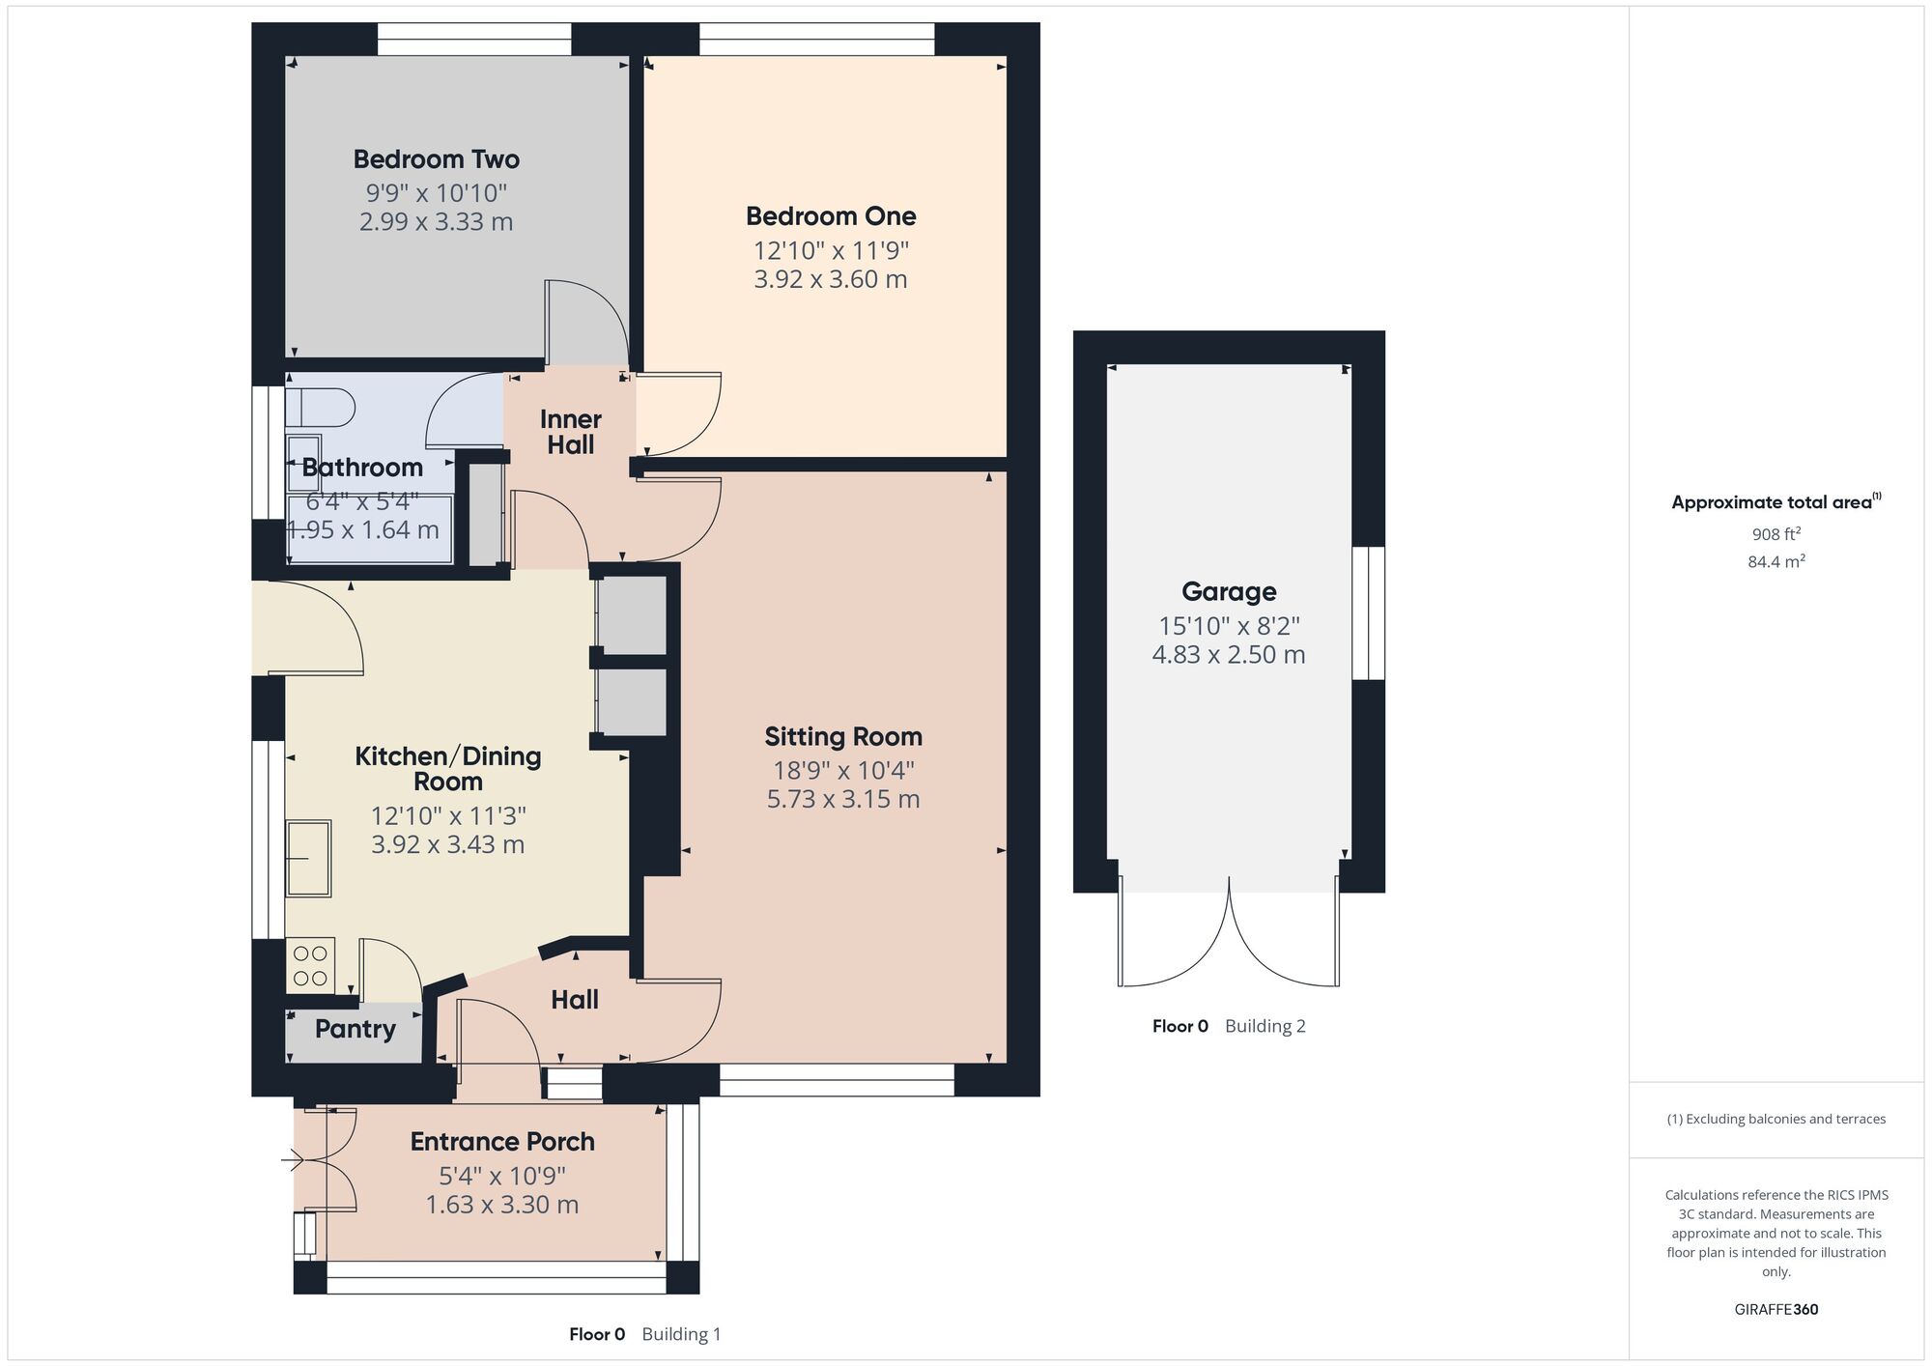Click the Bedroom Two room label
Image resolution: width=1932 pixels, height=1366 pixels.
coord(436,159)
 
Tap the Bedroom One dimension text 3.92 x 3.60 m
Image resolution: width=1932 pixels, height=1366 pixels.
coord(830,280)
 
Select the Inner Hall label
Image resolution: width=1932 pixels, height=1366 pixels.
coord(570,432)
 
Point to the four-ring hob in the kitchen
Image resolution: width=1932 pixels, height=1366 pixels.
coord(310,965)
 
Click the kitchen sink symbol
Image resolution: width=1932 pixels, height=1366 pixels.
coord(308,858)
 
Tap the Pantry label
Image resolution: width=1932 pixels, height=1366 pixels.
coord(355,1029)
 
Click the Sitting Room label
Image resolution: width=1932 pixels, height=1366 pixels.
coord(842,737)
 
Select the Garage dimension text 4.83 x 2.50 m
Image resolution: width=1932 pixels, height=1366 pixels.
coord(1228,655)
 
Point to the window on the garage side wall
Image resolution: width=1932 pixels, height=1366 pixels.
coord(1367,613)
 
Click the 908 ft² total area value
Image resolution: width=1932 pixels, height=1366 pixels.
coord(1776,534)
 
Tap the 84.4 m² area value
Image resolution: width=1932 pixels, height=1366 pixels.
coord(1776,561)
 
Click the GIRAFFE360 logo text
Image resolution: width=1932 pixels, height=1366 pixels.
coord(1776,1310)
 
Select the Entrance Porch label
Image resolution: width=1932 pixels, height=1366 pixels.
coord(501,1142)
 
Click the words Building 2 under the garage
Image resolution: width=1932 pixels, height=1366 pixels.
coord(1264,1026)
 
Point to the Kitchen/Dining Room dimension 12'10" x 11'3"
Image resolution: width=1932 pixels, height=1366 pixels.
coord(447,816)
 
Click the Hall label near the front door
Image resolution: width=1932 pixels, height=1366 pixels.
coord(575,1000)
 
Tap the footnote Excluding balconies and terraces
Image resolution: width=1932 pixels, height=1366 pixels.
coord(1776,1119)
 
